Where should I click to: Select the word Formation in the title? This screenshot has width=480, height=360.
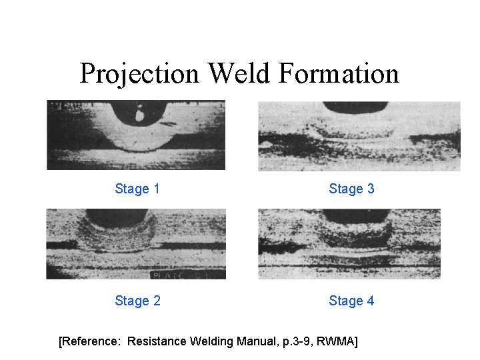click(339, 73)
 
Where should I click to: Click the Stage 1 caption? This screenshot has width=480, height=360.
click(137, 189)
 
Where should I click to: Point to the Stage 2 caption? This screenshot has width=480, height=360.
click(137, 301)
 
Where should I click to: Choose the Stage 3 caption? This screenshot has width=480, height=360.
click(351, 189)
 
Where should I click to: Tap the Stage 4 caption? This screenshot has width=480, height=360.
click(351, 301)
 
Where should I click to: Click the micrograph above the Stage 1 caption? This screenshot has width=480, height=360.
click(136, 135)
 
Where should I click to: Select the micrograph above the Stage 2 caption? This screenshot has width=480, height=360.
click(136, 244)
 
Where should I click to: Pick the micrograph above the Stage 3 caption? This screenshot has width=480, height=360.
click(359, 136)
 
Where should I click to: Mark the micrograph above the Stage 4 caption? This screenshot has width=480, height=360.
click(349, 244)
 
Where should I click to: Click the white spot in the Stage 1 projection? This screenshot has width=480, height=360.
click(140, 115)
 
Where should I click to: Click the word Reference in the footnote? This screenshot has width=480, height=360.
click(89, 342)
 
